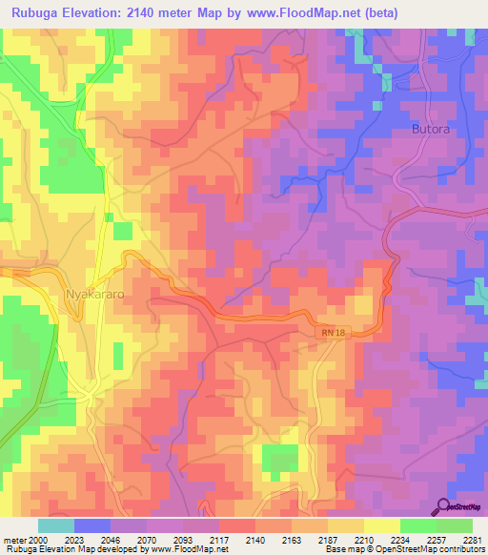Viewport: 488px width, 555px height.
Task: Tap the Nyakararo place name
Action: pos(93,295)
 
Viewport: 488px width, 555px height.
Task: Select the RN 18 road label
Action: pos(330,331)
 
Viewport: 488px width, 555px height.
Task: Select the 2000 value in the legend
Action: pos(38,540)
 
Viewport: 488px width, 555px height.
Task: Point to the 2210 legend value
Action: pos(353,540)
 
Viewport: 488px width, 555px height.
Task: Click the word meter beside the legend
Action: pos(13,540)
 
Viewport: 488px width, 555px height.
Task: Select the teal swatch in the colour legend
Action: pos(56,525)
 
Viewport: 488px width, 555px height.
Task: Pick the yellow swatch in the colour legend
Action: pos(381,525)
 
